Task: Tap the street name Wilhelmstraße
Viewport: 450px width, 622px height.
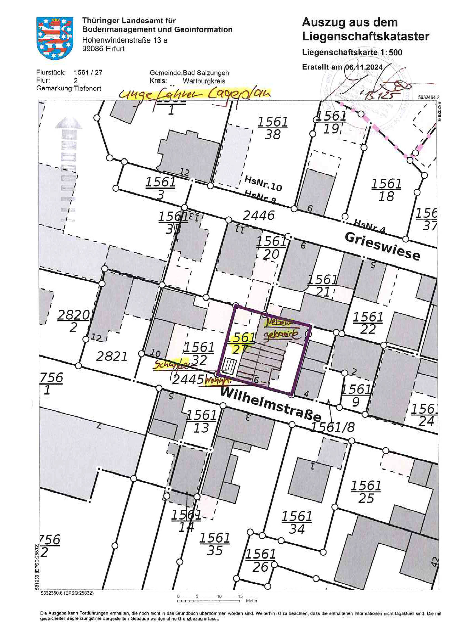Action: click(x=270, y=404)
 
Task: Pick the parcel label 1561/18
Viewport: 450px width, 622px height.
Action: click(x=386, y=190)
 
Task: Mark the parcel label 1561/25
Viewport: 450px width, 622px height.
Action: click(x=366, y=492)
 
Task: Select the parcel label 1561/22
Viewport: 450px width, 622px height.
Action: click(x=368, y=323)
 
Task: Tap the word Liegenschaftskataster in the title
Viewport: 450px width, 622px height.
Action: click(x=365, y=36)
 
